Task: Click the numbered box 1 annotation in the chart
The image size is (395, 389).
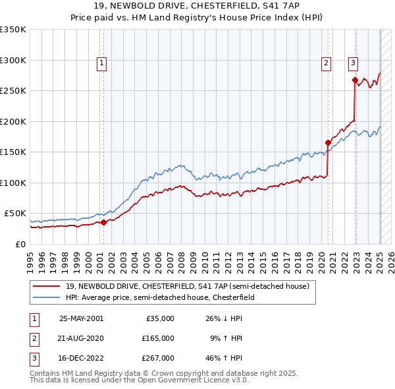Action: [103, 63]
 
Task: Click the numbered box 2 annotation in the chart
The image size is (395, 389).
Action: [326, 63]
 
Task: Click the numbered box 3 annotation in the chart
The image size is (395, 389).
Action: [353, 63]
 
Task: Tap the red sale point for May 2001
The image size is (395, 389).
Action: [103, 223]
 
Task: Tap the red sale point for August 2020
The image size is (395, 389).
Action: [328, 142]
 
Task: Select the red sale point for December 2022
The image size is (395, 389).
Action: [355, 80]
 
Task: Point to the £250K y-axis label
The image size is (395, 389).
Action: [13, 90]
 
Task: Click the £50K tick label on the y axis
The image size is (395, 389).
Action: [15, 214]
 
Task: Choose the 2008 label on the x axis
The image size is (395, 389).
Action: [186, 258]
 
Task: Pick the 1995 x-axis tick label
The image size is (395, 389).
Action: [30, 258]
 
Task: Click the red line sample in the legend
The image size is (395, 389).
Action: [47, 286]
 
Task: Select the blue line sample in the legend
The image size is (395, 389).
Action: [47, 298]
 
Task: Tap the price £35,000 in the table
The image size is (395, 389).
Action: [160, 318]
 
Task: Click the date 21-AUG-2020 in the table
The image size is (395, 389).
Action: [82, 338]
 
